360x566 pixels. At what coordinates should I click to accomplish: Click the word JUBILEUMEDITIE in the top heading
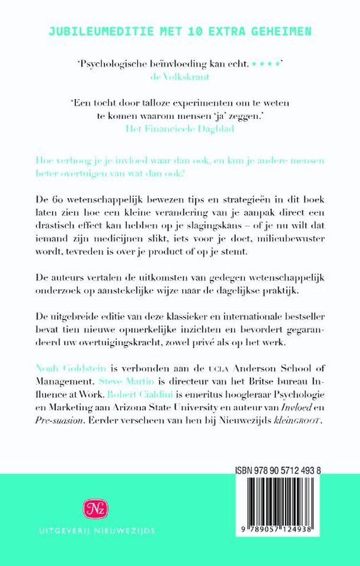click(87, 32)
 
